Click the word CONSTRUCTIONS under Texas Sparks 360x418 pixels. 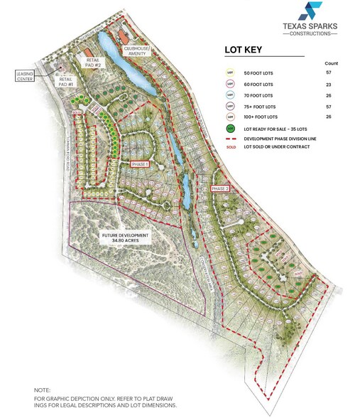coord(310,35)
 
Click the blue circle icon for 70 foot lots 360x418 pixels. coord(229,95)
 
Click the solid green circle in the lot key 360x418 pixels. coord(229,129)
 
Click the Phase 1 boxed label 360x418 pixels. coord(140,164)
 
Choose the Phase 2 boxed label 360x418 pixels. coord(220,188)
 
